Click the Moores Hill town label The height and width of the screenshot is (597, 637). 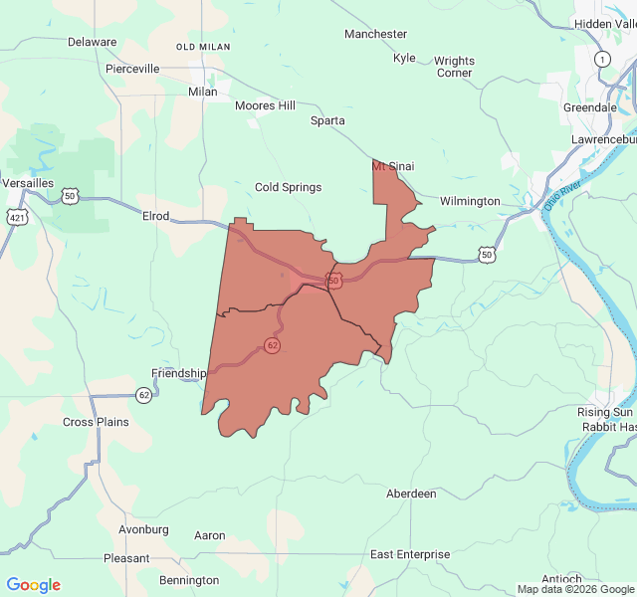(x=265, y=105)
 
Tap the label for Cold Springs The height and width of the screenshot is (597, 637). (x=288, y=187)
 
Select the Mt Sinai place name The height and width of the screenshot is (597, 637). (x=393, y=166)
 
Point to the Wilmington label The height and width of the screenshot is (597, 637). (x=470, y=201)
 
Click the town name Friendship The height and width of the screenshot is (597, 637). (x=178, y=373)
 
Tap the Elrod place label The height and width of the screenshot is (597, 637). (x=156, y=216)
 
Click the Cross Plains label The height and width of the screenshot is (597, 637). (x=96, y=422)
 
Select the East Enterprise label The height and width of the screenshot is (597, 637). (x=410, y=554)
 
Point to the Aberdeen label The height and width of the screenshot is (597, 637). (x=411, y=494)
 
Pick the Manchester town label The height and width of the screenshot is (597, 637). (x=375, y=34)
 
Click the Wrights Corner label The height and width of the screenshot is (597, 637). (x=454, y=67)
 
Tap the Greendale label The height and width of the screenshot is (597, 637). (x=590, y=107)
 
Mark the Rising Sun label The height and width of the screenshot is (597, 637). (x=604, y=412)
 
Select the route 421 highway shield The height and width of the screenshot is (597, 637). (x=18, y=217)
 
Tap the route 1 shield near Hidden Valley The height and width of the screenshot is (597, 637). (x=601, y=60)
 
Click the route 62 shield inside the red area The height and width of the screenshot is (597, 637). (x=272, y=345)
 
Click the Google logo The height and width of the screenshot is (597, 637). (x=34, y=585)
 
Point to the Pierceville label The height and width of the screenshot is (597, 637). (x=132, y=69)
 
